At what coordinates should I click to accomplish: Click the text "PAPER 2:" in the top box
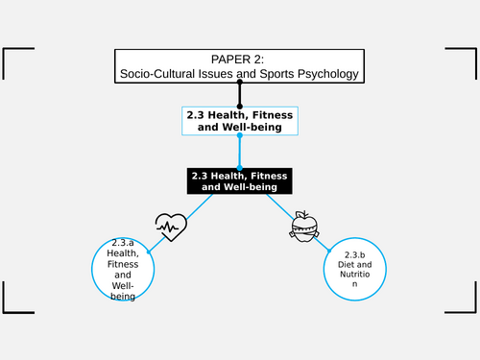pyautogui.click(x=239, y=59)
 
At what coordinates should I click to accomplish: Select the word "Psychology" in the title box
pyautogui.click(x=324, y=73)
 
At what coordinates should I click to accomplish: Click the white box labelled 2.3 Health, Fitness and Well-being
pyautogui.click(x=239, y=120)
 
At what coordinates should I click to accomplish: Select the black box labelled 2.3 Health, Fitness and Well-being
pyautogui.click(x=239, y=181)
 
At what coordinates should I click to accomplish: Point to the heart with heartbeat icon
pyautogui.click(x=169, y=228)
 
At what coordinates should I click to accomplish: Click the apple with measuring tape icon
pyautogui.click(x=302, y=226)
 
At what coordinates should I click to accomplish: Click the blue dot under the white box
pyautogui.click(x=239, y=135)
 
